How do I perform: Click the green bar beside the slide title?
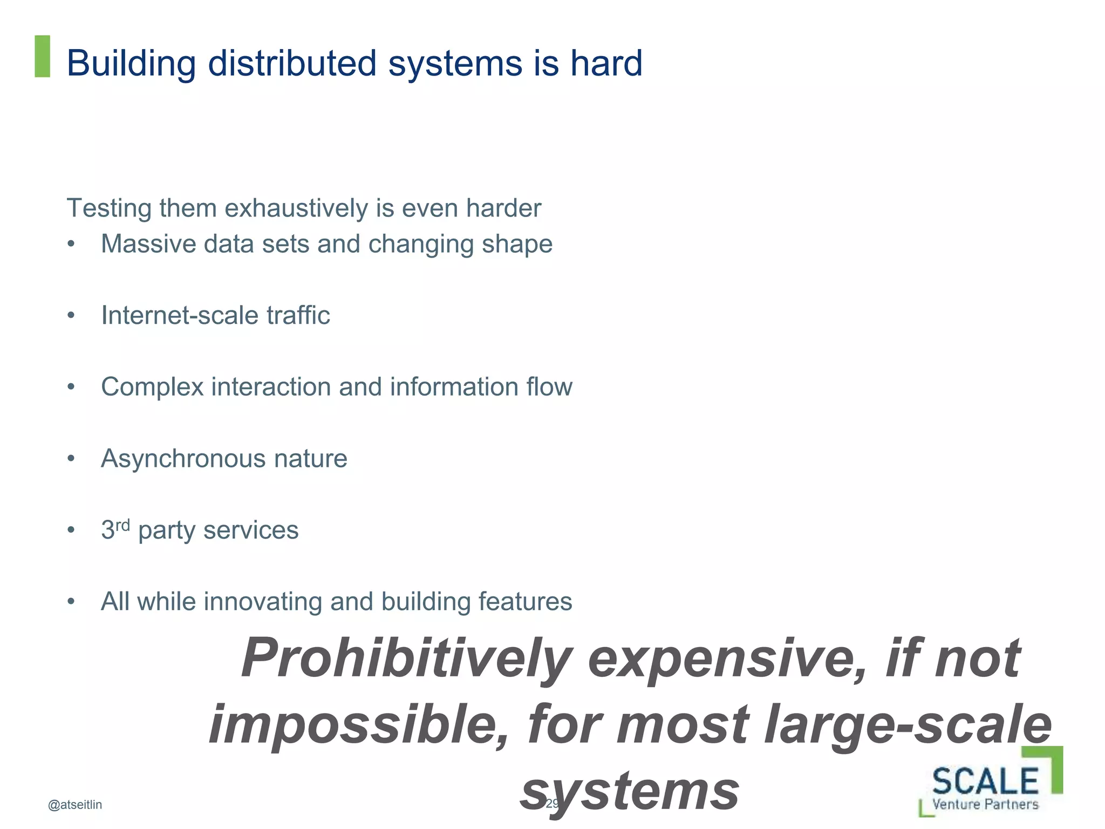pyautogui.click(x=42, y=56)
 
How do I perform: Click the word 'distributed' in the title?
pyautogui.click(x=292, y=63)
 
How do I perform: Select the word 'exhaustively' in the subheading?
pyautogui.click(x=296, y=209)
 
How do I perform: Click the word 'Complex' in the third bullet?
pyautogui.click(x=152, y=387)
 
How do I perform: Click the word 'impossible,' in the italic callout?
pyautogui.click(x=359, y=725)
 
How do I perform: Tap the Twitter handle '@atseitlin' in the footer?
pyautogui.click(x=75, y=805)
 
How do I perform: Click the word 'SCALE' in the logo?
pyautogui.click(x=985, y=780)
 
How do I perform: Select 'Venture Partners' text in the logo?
pyautogui.click(x=985, y=804)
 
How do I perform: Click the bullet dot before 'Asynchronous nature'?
pyautogui.click(x=71, y=459)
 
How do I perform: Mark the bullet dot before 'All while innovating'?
pyautogui.click(x=71, y=602)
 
